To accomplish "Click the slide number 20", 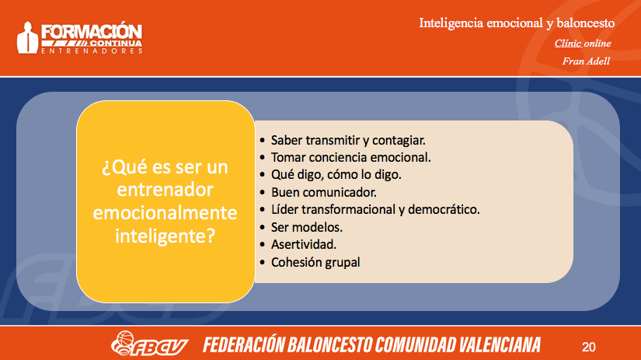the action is pos(588,347).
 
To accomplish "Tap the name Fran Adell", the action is pos(586,61).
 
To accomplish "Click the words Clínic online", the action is pos(583,44).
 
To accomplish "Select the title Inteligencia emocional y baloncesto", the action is pos(517,23).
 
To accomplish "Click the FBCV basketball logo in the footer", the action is pos(149,344).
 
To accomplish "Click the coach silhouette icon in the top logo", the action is pos(27,37).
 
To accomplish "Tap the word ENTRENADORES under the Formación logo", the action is pos(92,51).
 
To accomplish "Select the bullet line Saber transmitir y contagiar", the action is pos(348,140).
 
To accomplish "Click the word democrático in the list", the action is pos(444,209).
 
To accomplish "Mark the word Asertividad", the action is pos(304,245).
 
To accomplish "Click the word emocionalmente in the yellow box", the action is pos(165,213).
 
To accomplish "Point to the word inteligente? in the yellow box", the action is pos(165,236).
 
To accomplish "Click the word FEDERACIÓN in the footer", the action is pos(244,344).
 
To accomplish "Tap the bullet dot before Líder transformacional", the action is pos(263,210).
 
